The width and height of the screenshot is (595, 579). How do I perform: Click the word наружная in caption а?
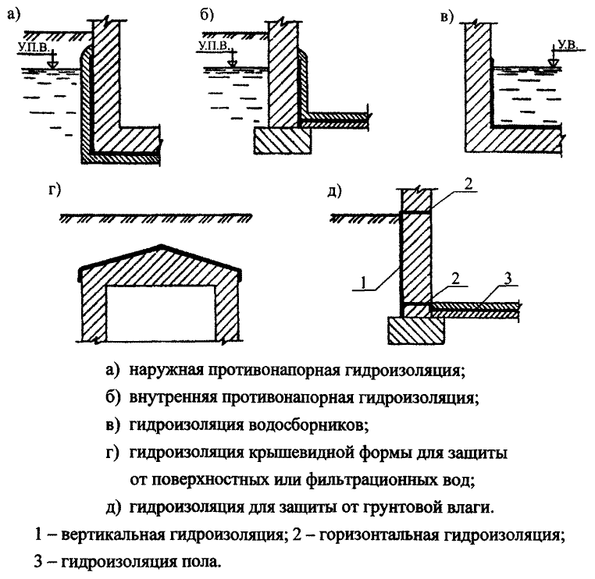(x=175, y=368)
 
